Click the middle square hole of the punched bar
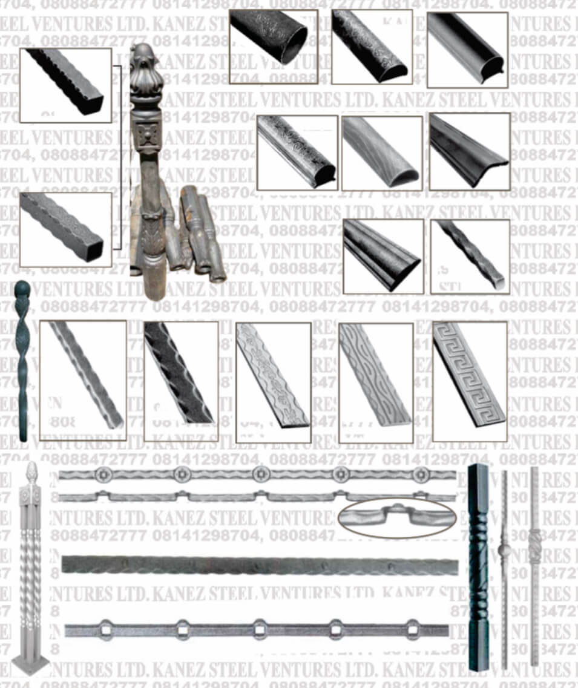coord(260,630)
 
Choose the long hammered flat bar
coord(260,566)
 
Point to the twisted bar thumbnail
coord(470,256)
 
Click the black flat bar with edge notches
coord(181,380)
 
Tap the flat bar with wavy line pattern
coord(375,381)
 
